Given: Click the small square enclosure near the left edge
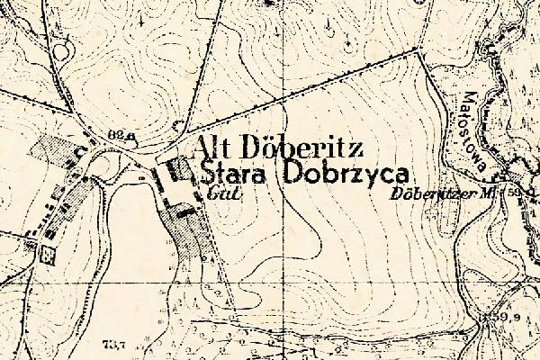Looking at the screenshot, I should coord(49,254).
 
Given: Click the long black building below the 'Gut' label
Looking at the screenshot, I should coord(184,213).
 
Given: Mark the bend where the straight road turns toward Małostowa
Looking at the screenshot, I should coord(421,53).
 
